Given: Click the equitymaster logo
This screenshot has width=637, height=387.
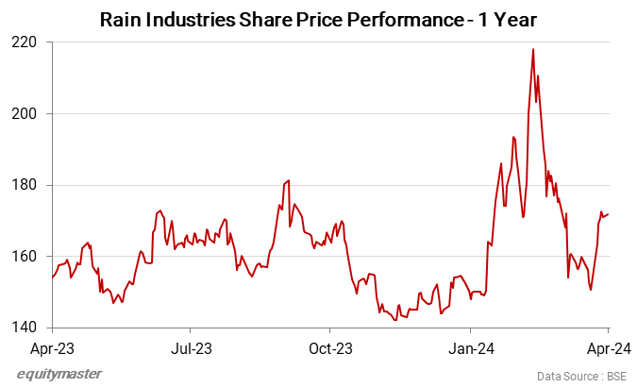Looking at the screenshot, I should [59, 374].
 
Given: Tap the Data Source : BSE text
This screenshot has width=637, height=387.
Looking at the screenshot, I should [581, 376].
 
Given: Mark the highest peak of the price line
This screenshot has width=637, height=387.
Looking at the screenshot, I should [533, 49].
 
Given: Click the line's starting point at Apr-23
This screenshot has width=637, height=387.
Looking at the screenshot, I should [52, 278].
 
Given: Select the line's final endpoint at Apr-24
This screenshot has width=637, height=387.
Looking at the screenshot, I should [609, 214].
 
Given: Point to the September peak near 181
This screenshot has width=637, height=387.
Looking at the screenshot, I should [289, 180].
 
